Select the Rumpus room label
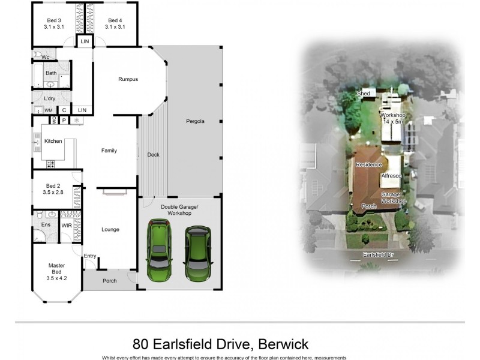(128, 79)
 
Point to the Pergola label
(194, 121)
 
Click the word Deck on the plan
(153, 155)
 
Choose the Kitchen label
(55, 142)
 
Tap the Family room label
(109, 151)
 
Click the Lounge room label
(110, 229)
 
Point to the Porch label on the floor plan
(110, 281)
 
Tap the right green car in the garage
(197, 252)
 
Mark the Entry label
(90, 256)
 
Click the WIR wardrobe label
(67, 225)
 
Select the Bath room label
(52, 73)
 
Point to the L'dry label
(50, 98)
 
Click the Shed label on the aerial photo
(364, 94)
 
